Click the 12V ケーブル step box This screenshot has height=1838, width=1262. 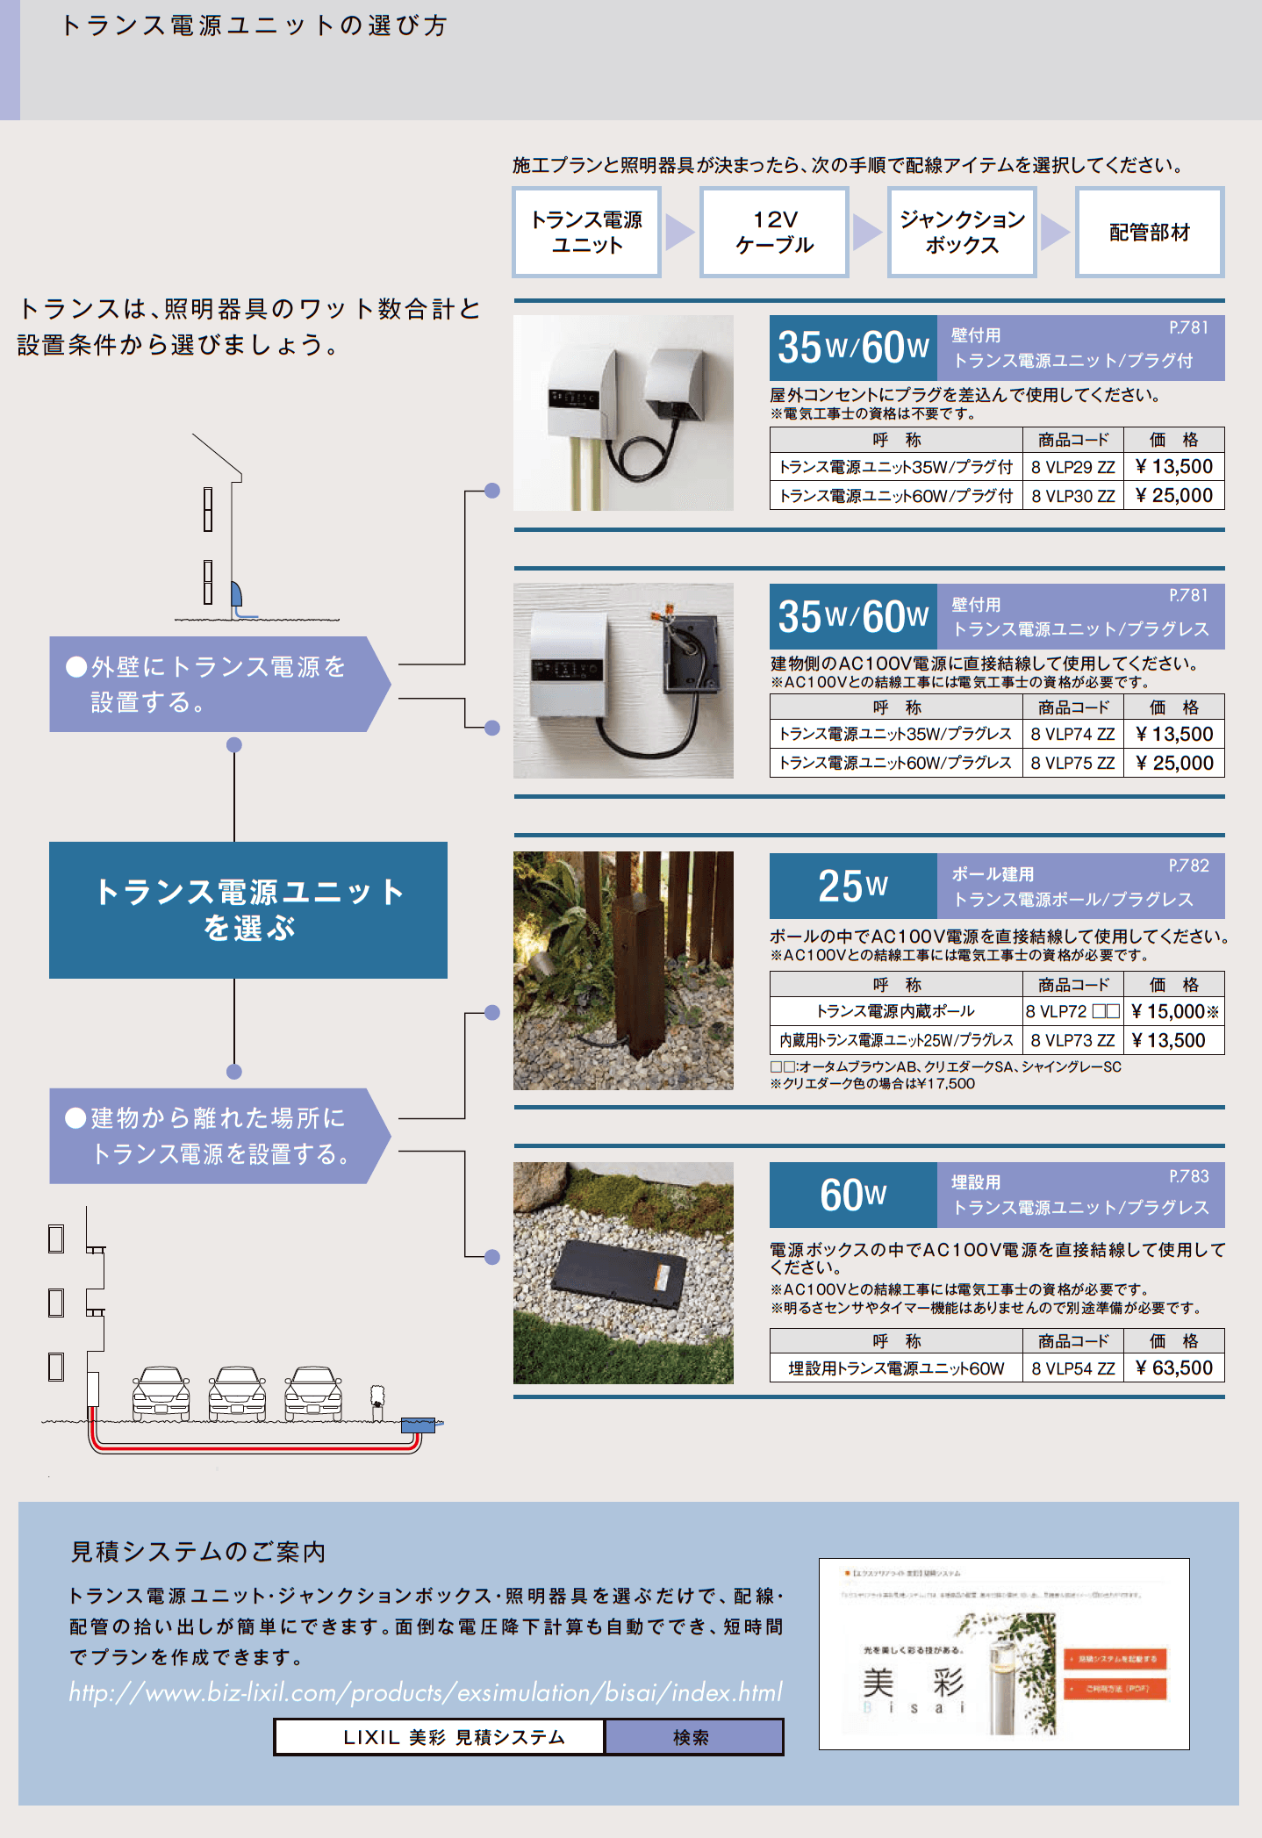pos(774,233)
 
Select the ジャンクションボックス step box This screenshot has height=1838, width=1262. pos(962,233)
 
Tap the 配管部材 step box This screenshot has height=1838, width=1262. pos(1150,233)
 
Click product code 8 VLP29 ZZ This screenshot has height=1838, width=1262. pos(1072,467)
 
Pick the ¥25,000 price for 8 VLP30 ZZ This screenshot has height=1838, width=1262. pos(1173,496)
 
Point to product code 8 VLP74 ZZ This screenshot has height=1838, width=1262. pos(1072,734)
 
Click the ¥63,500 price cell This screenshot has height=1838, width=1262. pos(1173,1368)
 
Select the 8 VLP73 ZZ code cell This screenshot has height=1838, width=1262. pos(1072,1040)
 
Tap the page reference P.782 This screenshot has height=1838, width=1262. pos(1188,865)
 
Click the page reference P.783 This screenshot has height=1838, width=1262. pos(1188,1176)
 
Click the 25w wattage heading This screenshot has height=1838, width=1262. pos(852,887)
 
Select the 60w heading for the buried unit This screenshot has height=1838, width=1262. pos(852,1195)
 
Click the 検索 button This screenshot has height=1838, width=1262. pos(692,1737)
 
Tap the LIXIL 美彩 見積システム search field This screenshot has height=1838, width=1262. pos(440,1737)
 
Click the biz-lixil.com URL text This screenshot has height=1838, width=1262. pos(426,1692)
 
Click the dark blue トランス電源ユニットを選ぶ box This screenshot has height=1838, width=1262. pos(248,910)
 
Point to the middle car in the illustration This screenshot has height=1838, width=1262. pos(237,1394)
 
